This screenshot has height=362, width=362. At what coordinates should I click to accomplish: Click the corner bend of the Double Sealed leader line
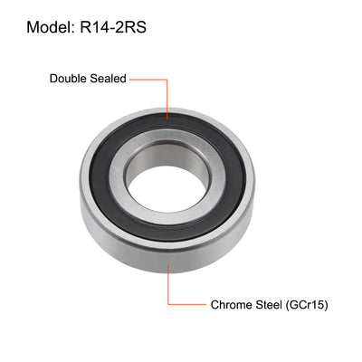coord(167,80)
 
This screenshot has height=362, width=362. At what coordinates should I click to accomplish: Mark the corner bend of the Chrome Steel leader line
coord(167,305)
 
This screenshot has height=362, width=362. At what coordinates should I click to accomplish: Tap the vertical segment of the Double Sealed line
coord(167,98)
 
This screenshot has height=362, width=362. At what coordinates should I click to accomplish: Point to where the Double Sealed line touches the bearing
coord(167,118)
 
